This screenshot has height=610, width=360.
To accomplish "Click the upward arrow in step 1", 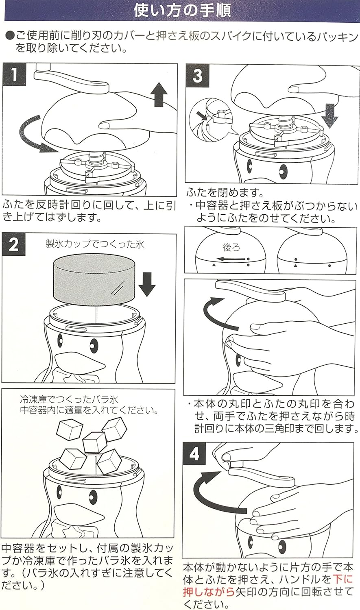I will pos(159,94).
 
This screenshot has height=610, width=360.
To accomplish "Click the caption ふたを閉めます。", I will pos(225,192).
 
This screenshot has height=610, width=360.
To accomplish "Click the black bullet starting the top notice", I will pos(10,37).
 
